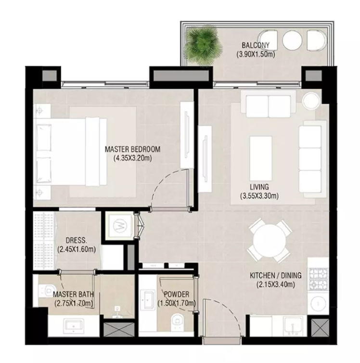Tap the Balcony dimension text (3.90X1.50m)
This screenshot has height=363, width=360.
point(256,54)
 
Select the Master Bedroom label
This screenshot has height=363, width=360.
point(132,149)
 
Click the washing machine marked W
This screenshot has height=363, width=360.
point(120,226)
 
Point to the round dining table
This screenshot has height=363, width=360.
point(270,240)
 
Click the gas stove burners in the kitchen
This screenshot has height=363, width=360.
point(319,279)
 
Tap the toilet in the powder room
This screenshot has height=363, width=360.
point(178,322)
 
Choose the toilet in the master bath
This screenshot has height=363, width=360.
point(48,290)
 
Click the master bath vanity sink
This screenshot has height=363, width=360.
point(74,325)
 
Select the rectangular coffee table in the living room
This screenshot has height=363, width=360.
point(261,158)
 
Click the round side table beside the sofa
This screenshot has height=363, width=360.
point(311,100)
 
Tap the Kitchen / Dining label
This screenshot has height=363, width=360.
point(276,275)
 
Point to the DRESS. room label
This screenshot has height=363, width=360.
point(77,240)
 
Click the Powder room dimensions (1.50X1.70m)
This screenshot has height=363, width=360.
point(177,303)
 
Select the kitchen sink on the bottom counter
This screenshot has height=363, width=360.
point(293,326)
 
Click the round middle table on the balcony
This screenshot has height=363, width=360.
point(292,40)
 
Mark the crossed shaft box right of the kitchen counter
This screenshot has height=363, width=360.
point(320,327)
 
